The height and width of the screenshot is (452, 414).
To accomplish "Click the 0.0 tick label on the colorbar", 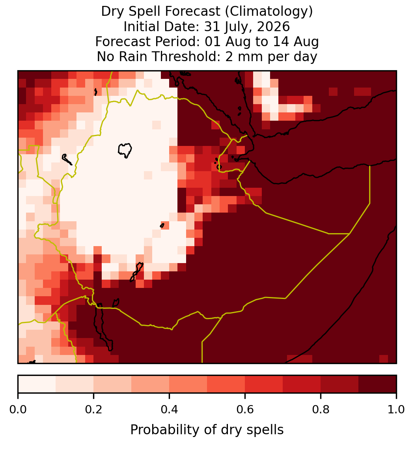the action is click(18, 410).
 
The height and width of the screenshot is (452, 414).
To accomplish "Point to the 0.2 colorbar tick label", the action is click(93, 410).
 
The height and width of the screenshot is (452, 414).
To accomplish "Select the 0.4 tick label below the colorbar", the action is click(170, 410).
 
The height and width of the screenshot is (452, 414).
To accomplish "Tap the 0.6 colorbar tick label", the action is click(245, 410).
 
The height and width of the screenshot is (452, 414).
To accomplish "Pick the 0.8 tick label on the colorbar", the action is click(321, 410).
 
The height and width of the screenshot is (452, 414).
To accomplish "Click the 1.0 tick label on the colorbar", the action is click(396, 410).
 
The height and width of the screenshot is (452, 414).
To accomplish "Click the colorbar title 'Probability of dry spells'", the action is click(207, 430).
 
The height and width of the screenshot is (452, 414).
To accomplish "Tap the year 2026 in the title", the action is click(273, 26).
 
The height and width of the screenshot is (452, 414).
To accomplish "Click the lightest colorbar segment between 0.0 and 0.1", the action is click(37, 384).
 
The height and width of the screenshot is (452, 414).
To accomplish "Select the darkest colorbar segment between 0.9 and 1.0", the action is click(377, 384).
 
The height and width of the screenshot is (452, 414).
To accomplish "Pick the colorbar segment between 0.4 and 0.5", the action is click(188, 384).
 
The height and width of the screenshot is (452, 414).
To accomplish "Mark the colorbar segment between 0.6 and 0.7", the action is click(264, 384).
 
